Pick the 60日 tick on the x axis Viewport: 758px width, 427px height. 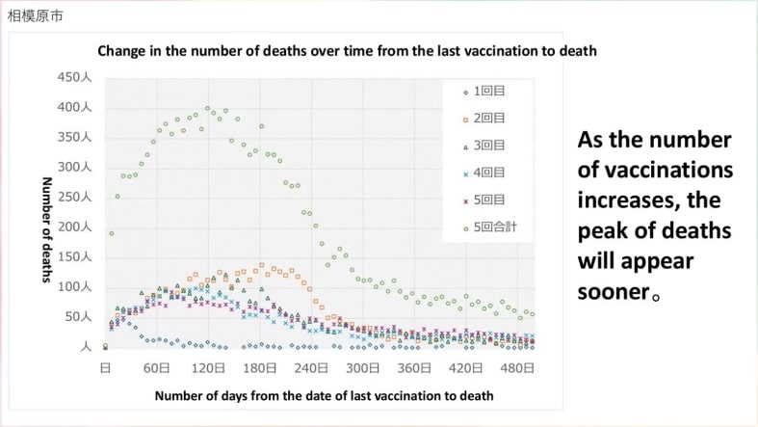point(157,368)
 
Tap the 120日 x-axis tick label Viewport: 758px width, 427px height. point(209,368)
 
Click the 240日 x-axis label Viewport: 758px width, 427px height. point(311,368)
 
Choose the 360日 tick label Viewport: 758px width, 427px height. point(414,368)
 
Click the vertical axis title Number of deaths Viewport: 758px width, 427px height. point(45,229)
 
